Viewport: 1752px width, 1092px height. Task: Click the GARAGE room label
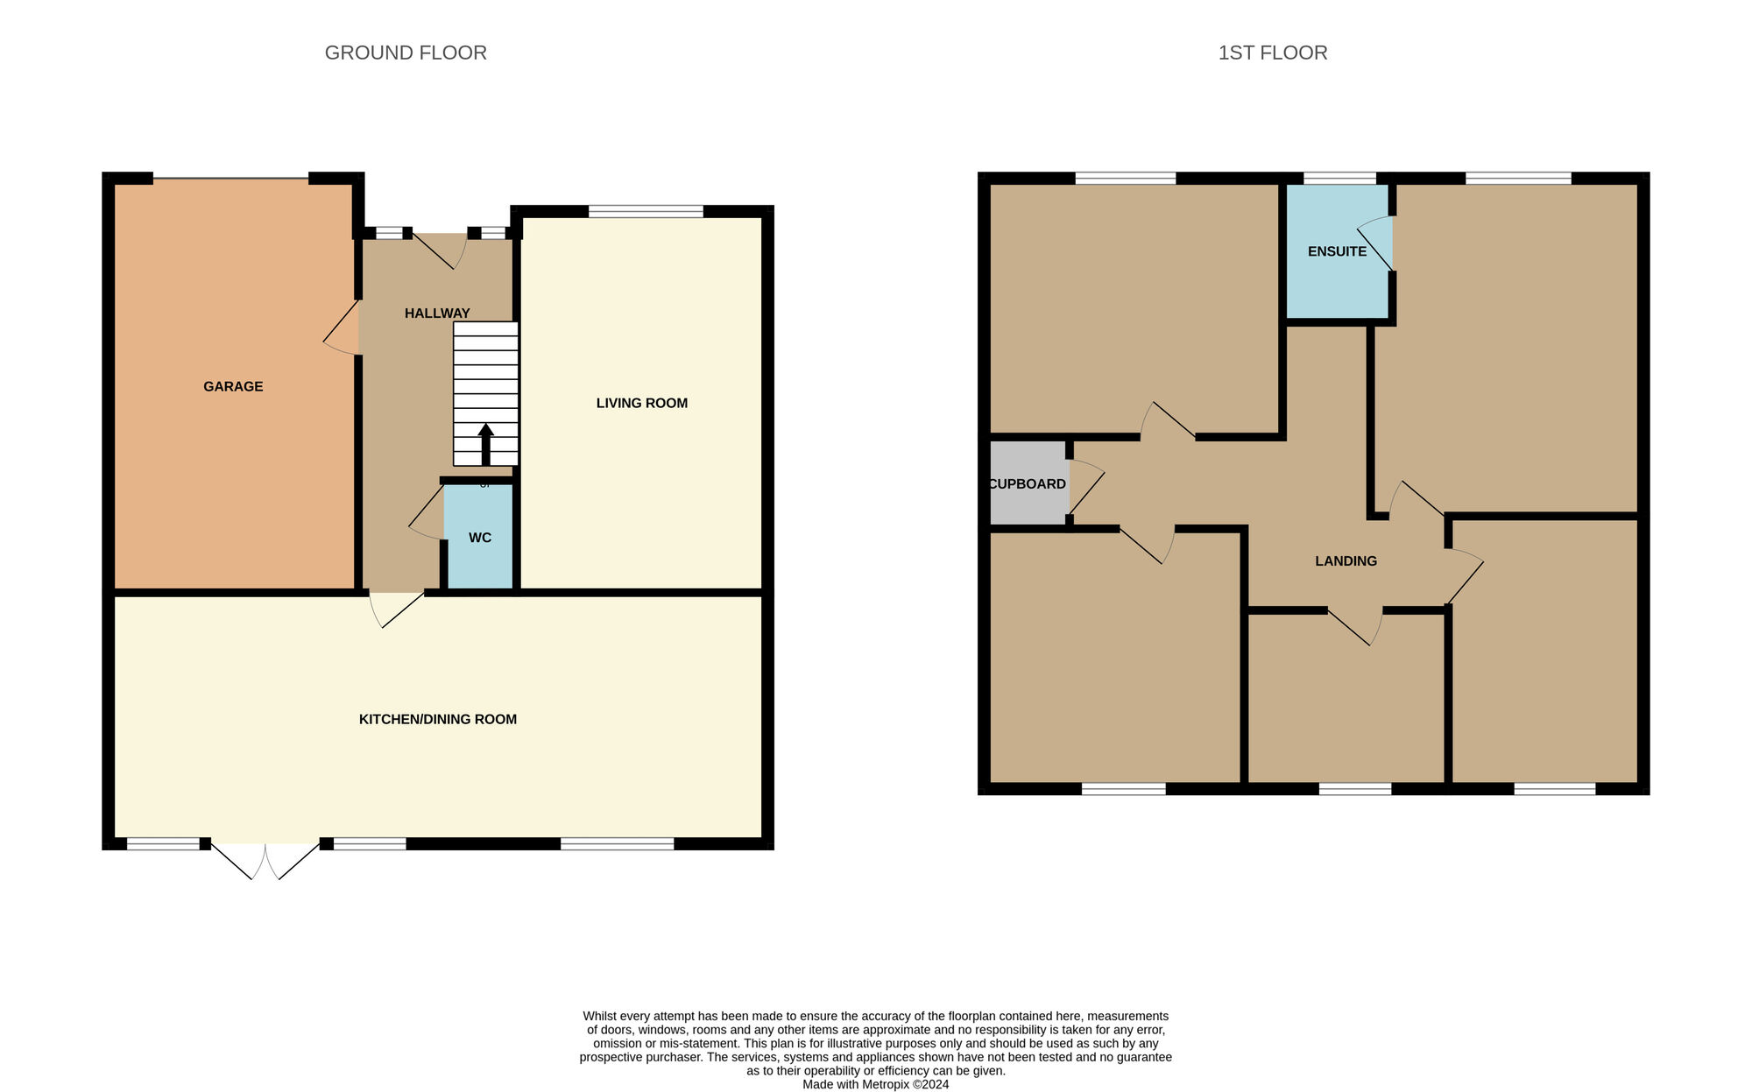[x=233, y=386]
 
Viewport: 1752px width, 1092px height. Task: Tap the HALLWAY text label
[x=437, y=313]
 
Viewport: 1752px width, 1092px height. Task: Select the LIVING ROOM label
[x=642, y=403]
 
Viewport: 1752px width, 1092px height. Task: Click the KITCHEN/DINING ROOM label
[x=438, y=719]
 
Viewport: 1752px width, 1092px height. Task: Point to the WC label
[x=480, y=538]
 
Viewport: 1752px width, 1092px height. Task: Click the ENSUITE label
[x=1337, y=251]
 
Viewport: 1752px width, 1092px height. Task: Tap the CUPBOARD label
[x=1028, y=483]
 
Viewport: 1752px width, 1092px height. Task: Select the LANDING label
[x=1346, y=560]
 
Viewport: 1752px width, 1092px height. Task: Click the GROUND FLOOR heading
[x=406, y=53]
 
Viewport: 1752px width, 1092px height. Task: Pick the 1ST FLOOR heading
[x=1273, y=53]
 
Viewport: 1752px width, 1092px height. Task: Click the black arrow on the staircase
[x=485, y=445]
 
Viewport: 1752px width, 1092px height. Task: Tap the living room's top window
[x=646, y=211]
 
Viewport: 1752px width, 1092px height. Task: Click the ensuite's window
[x=1339, y=179]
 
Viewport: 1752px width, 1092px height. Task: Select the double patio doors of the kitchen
[x=265, y=860]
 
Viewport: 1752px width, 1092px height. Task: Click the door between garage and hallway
[x=342, y=328]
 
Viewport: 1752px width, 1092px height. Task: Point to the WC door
[x=427, y=513]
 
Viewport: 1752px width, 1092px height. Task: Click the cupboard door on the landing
[x=1086, y=487]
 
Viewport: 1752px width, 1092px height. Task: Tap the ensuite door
[x=1375, y=243]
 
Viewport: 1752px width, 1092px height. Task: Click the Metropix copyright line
[x=876, y=1084]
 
